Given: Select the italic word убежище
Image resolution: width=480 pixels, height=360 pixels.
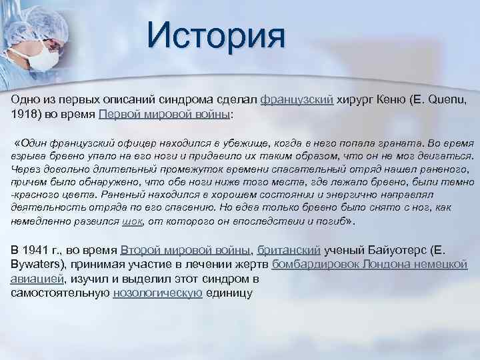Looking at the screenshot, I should point(216,143).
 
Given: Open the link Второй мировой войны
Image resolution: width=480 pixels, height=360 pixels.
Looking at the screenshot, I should point(186,250).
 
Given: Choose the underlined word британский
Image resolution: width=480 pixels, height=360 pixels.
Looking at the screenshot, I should point(288,250).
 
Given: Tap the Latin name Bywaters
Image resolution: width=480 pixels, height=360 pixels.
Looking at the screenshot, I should point(38,264).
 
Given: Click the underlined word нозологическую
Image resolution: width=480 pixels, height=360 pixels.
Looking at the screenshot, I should point(157,292).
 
